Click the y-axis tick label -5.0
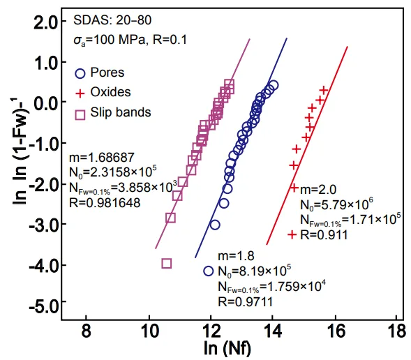pyautogui.click(x=40, y=306)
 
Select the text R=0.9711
pyautogui.click(x=244, y=301)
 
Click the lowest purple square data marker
pyautogui.click(x=167, y=263)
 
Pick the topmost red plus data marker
pyautogui.click(x=324, y=89)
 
